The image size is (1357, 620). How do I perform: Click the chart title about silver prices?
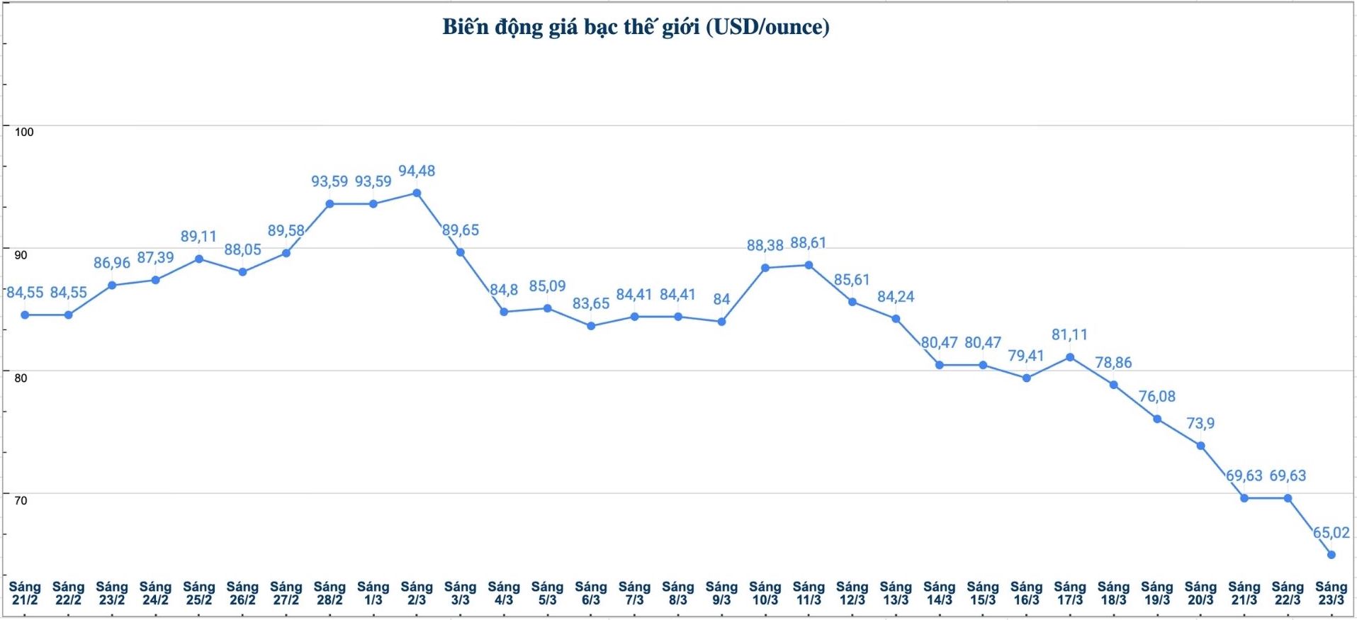coord(636,27)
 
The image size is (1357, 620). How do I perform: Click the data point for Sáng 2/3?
coord(417,193)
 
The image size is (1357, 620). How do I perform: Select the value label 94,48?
coord(417,171)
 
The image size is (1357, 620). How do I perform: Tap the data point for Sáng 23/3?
coord(1331,555)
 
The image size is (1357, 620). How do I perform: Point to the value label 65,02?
coord(1331,533)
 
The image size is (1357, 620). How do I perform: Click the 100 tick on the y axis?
coord(24,132)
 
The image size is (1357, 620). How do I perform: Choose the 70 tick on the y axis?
coord(21,500)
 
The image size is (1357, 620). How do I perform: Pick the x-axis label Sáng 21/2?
coord(25,593)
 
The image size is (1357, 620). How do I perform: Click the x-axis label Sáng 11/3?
coord(809,593)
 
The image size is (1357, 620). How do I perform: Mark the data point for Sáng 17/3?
coord(1070,357)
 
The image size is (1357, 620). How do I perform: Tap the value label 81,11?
coord(1069,334)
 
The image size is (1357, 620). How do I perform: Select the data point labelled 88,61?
coord(809,265)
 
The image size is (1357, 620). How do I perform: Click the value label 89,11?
coord(198,237)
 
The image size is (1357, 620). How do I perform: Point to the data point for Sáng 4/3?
coord(504,312)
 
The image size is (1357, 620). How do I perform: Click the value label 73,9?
coord(1200,424)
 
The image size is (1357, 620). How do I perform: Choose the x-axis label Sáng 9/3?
coord(721,593)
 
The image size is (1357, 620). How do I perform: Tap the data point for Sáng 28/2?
coord(330,204)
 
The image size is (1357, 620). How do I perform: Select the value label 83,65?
coord(591,303)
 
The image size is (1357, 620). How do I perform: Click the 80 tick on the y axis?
coord(21,378)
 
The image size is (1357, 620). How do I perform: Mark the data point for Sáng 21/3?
coord(1244,498)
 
